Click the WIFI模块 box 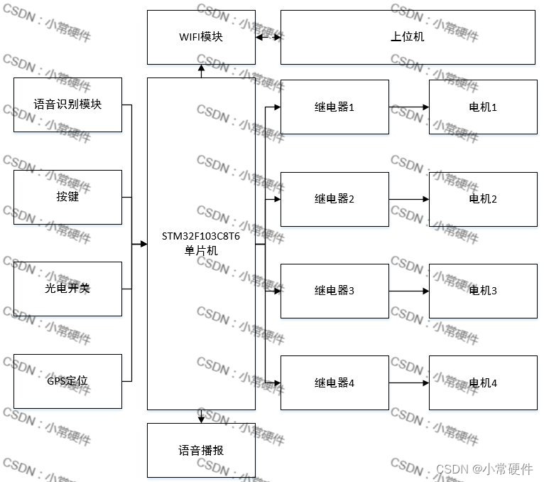coord(201,37)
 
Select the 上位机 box coord(408,37)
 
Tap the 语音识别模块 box coord(67,105)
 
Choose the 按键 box coord(67,197)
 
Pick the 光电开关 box coord(67,289)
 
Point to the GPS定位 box coord(67,381)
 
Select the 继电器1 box coord(334,107)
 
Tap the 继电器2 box coord(334,199)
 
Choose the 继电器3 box coord(334,291)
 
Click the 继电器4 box coord(334,383)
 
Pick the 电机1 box coord(483,107)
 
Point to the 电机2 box coord(483,199)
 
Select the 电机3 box coord(483,291)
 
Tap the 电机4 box coord(483,383)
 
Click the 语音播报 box coord(201,450)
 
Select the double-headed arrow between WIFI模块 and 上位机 coord(268,37)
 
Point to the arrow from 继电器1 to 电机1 coord(409,107)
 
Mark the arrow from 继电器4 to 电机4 coord(409,383)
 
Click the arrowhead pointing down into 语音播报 coord(201,419)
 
